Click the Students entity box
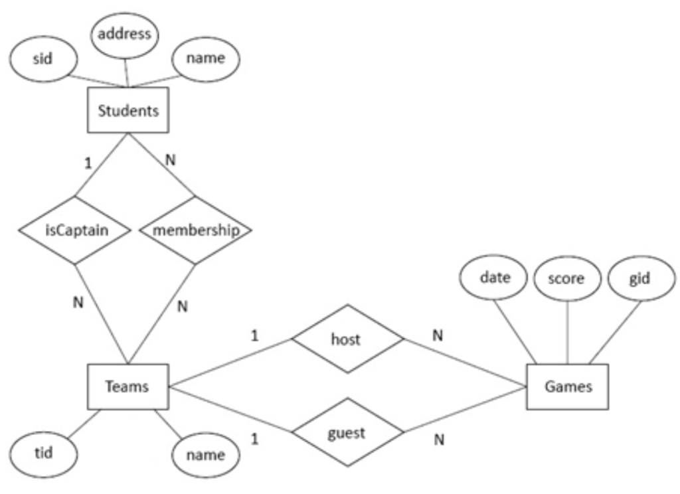click(x=128, y=111)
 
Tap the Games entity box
click(x=567, y=386)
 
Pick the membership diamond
click(x=195, y=230)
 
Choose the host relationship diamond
click(x=347, y=339)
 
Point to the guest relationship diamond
click(x=347, y=434)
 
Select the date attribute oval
click(x=494, y=278)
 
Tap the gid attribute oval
click(x=640, y=278)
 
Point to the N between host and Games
click(x=437, y=336)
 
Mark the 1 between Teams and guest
click(x=254, y=440)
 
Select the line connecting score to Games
click(x=567, y=332)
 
